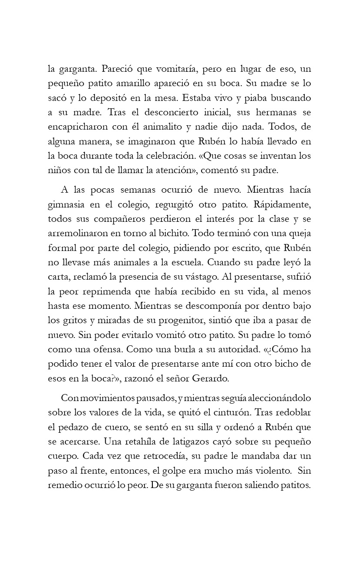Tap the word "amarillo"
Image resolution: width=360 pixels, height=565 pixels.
pos(147,83)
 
